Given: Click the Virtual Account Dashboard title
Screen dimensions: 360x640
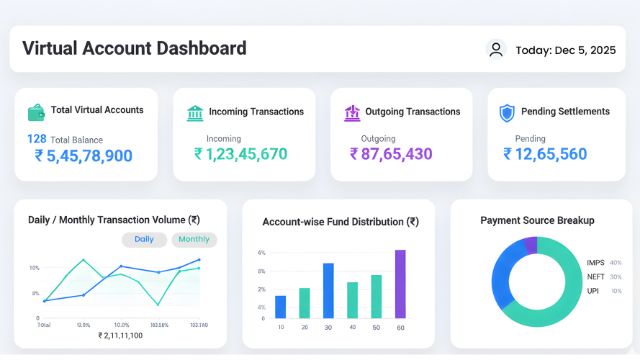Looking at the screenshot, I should click(x=135, y=48).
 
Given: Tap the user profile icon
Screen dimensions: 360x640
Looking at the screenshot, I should click(x=496, y=49).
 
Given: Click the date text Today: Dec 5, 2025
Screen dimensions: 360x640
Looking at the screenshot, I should click(x=565, y=50).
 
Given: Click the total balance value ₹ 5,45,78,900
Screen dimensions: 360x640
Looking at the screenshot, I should click(x=84, y=156).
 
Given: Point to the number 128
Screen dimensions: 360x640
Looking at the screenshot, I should click(x=37, y=139).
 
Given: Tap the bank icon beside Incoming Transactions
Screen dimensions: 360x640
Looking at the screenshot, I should click(x=195, y=112).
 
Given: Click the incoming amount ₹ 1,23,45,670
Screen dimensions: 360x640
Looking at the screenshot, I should click(x=240, y=153).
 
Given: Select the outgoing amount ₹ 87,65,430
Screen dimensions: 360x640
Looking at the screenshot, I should click(x=391, y=153).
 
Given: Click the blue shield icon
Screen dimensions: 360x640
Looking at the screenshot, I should click(x=508, y=113).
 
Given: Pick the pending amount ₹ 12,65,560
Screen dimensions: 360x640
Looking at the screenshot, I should click(x=545, y=153).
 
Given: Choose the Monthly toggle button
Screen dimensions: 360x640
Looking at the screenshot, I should click(x=194, y=240).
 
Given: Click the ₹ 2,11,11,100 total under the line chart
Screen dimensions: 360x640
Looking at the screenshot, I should click(x=120, y=336).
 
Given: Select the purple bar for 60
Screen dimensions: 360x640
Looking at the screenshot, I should click(x=400, y=284).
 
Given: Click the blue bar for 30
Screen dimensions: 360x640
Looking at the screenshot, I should click(x=328, y=290).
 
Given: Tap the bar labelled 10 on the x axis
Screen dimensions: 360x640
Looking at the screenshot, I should click(x=281, y=307).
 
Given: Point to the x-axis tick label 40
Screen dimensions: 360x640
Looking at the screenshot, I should click(x=352, y=328).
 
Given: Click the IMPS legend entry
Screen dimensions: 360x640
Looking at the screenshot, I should click(x=596, y=263).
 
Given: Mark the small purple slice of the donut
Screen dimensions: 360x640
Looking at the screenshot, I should click(x=531, y=246).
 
